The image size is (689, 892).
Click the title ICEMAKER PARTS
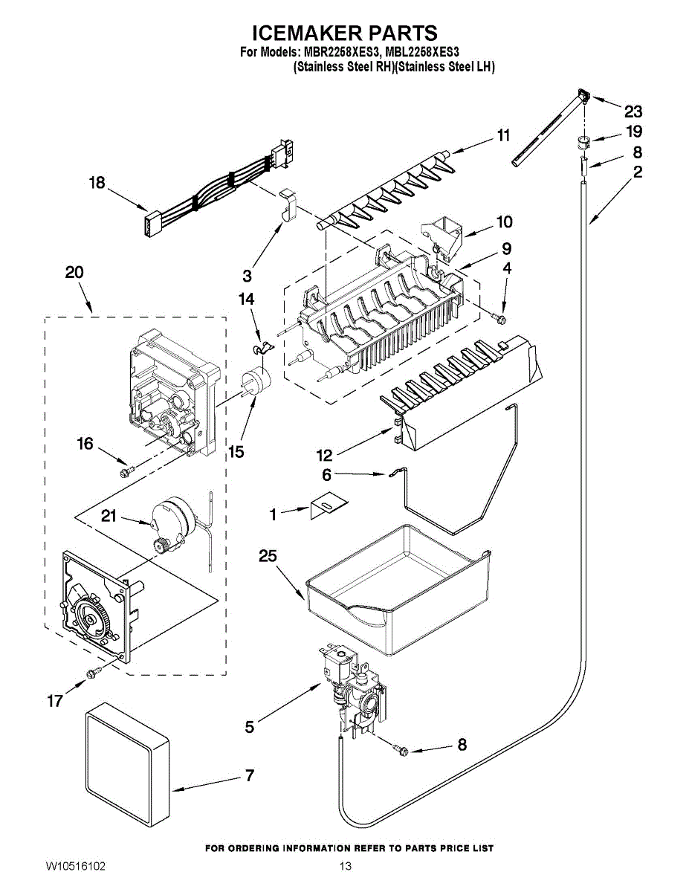tap(344, 33)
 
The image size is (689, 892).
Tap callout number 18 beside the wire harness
tap(97, 183)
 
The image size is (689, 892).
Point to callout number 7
tap(249, 776)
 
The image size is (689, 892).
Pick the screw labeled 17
tap(93, 673)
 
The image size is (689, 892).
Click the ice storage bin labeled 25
tap(394, 587)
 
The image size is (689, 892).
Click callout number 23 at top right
tap(633, 112)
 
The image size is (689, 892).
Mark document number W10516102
tap(76, 867)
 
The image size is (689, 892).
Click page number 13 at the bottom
tap(345, 867)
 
